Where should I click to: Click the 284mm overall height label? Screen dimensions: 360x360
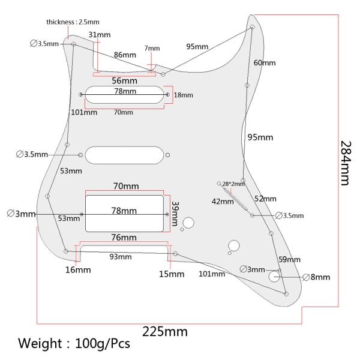pyautogui.click(x=345, y=163)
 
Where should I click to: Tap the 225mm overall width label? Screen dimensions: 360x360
pyautogui.click(x=164, y=331)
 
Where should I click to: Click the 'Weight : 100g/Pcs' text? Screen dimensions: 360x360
pyautogui.click(x=74, y=344)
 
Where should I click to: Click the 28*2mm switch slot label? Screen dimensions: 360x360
pyautogui.click(x=233, y=184)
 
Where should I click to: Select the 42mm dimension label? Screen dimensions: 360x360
pyautogui.click(x=222, y=202)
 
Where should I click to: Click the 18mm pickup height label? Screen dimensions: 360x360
pyautogui.click(x=184, y=95)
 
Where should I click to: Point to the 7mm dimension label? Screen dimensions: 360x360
pyautogui.click(x=152, y=49)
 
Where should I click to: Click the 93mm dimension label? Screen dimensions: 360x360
pyautogui.click(x=120, y=257)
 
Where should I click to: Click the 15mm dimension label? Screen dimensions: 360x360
pyautogui.click(x=172, y=274)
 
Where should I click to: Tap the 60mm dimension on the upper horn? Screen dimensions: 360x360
pyautogui.click(x=265, y=63)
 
